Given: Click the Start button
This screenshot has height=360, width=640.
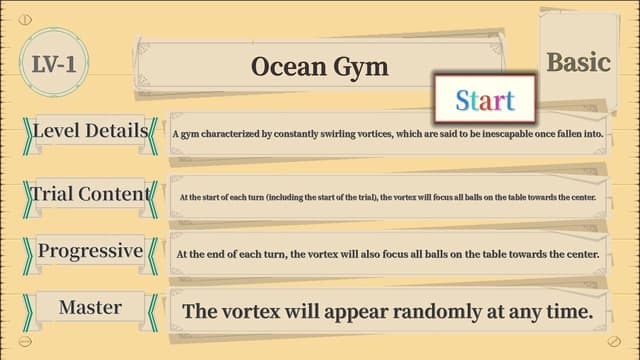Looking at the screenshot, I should coord(485,99).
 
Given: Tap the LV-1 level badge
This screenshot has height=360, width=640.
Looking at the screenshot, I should coord(54,64).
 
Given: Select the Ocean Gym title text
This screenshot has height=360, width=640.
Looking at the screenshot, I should coord(319,67).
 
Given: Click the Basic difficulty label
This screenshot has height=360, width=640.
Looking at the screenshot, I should coord(578,62).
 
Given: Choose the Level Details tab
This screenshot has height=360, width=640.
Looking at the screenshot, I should coord(90,131).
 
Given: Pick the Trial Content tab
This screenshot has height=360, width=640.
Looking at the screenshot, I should coord(90,193).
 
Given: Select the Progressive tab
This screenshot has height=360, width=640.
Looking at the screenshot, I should coord(90,251).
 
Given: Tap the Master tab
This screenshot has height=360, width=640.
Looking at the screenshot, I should coord(90,307).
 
